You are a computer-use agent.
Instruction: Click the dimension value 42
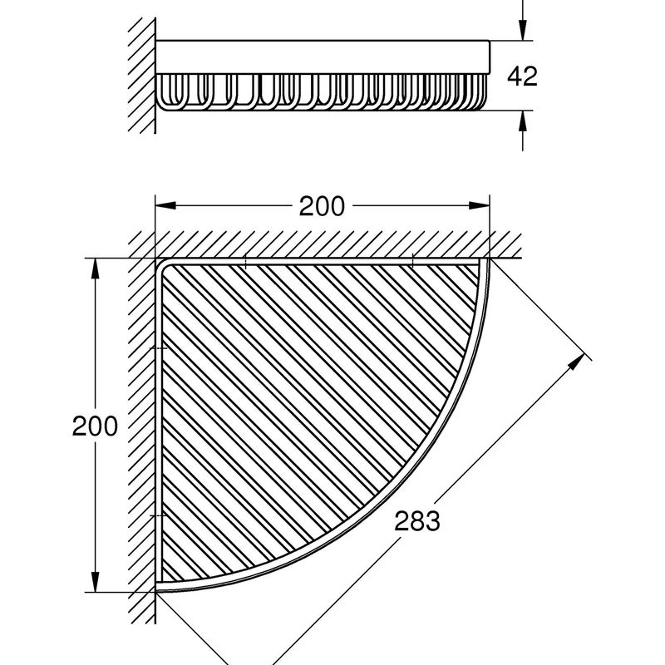522,76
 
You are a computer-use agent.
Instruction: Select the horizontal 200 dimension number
322,206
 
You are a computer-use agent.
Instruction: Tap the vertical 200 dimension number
95,426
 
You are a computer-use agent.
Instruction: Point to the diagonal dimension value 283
417,521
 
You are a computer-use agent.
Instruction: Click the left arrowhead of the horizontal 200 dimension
165,205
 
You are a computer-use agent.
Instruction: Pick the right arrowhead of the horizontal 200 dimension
480,205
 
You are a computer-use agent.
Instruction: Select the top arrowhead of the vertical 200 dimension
95,268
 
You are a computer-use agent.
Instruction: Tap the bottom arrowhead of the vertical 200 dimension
95,582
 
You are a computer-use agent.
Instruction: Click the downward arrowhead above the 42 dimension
523,30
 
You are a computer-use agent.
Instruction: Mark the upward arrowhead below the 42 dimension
523,121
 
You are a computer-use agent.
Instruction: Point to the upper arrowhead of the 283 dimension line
576,362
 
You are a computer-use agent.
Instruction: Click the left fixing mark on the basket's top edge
245,261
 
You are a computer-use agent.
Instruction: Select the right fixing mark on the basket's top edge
412,261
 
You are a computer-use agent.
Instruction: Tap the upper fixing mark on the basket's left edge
159,348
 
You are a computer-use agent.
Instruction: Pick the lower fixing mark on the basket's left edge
159,515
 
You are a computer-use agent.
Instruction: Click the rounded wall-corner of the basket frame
161,264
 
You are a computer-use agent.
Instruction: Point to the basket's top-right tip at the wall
489,259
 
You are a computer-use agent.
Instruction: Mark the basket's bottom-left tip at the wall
156,591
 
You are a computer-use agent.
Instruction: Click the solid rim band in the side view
323,57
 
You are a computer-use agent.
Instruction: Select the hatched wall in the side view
141,76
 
